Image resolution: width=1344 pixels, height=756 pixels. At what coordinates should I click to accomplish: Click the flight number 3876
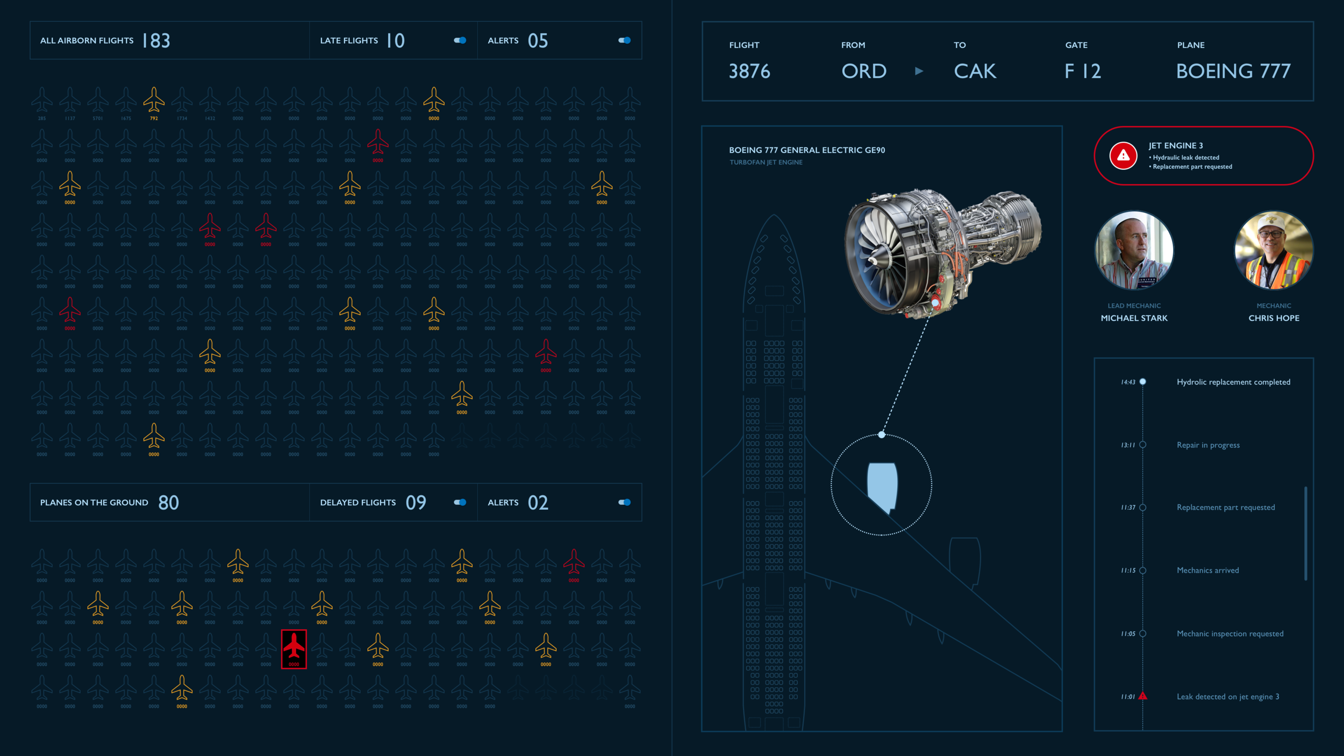(749, 71)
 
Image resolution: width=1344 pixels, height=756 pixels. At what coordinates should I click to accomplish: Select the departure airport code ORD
(864, 71)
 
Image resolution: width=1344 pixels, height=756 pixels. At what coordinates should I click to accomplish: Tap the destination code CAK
(975, 71)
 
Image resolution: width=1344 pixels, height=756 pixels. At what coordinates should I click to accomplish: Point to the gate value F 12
(1083, 71)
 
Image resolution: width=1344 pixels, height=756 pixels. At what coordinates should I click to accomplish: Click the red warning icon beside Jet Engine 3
(1123, 156)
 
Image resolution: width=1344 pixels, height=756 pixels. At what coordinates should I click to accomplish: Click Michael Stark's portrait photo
(1134, 250)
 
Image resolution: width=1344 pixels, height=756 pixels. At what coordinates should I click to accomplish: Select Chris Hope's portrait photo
(1274, 250)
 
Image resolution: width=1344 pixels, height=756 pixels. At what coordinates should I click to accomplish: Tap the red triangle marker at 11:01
(1143, 696)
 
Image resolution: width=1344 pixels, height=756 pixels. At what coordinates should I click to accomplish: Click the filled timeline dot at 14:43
(1143, 382)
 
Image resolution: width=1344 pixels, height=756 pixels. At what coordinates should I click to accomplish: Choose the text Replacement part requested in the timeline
(1226, 508)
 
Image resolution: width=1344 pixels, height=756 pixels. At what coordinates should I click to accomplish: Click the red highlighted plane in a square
(294, 648)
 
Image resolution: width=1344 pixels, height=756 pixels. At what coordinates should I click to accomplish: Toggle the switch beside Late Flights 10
(460, 40)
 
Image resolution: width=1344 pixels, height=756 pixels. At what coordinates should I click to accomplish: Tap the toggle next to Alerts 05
(625, 40)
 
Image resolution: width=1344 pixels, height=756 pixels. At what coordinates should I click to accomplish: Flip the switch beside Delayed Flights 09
(460, 502)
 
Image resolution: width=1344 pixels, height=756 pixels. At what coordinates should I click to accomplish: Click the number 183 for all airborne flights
(156, 41)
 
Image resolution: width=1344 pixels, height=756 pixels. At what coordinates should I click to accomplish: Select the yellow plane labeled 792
(154, 101)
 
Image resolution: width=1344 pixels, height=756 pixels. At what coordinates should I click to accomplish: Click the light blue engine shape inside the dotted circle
(882, 486)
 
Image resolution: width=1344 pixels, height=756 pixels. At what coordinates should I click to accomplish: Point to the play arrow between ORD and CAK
(919, 71)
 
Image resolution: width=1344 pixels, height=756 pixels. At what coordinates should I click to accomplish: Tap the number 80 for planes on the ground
(168, 503)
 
